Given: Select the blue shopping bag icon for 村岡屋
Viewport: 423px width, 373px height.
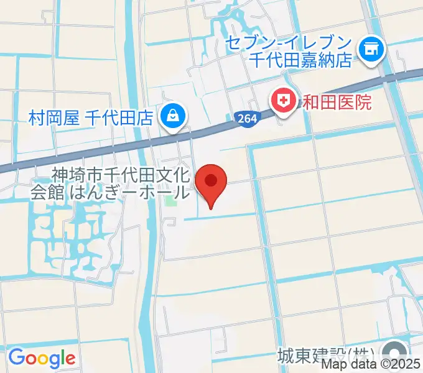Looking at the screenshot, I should click(170, 116).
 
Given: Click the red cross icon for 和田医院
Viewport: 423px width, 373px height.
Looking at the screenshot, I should click(284, 100).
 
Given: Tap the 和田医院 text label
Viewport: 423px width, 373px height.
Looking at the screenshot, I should click(337, 101).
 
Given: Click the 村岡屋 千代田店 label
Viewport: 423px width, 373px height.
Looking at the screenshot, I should click(90, 117).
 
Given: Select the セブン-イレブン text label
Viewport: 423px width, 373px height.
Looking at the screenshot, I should click(289, 44).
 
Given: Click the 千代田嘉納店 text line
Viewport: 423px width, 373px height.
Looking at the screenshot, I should click(301, 60).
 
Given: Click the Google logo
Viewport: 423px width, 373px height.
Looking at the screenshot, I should click(42, 357).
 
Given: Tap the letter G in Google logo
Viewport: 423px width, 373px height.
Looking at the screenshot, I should click(17, 357).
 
